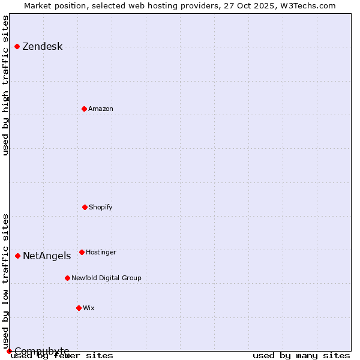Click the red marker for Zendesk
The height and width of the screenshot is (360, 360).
coord(17,46)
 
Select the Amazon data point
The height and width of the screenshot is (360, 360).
coord(84,109)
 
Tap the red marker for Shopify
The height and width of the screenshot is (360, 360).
coord(85,207)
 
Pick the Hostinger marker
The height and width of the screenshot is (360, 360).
coord(82,252)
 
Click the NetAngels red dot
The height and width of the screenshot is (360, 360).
coord(17,256)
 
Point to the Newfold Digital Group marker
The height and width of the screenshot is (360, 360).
coord(67,278)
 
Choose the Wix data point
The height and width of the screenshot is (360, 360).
coord(79,308)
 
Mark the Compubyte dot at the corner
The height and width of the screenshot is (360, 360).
coord(9,351)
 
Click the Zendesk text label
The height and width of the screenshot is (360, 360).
coord(42,47)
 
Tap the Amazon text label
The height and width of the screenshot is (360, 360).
coord(100,109)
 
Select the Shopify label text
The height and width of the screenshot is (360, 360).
coord(100,207)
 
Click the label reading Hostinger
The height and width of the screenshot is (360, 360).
coord(101,252)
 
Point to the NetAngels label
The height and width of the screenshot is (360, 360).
coord(47,256)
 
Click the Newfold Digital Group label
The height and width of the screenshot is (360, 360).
coord(106,278)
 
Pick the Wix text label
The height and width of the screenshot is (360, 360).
coord(89,308)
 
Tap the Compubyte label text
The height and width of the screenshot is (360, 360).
coord(41,351)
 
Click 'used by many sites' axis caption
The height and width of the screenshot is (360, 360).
coord(301,356)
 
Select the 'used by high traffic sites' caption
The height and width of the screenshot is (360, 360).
coord(6,85)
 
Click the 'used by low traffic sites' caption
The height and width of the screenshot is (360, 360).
coord(6,281)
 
